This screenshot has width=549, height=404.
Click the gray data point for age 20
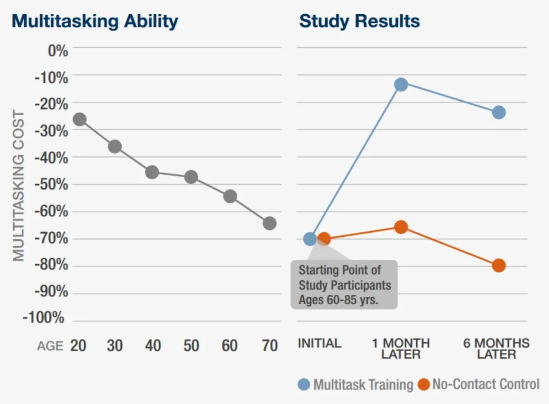pos(80,120)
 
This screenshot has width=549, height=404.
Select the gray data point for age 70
pos(269,224)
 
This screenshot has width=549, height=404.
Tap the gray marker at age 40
pos(152,172)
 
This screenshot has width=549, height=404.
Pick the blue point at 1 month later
pos(401,85)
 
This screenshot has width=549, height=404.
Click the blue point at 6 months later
pos(499,113)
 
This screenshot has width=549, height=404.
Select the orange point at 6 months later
pos(499,266)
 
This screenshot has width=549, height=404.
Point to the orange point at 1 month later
pos(401,227)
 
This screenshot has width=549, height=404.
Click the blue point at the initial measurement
pos(310,239)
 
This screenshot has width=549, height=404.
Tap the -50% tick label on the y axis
pos(51,185)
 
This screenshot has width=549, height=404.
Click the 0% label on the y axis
pos(58,51)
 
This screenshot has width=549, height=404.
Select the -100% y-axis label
pos(43,317)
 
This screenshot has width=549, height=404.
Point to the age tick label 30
pos(114,345)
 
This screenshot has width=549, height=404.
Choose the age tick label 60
pos(230,345)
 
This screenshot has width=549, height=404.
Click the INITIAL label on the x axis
pos(320,343)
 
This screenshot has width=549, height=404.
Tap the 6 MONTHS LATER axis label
pos(496,349)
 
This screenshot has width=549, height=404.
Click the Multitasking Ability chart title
pos(95,22)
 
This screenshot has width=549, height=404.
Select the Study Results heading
pos(360,22)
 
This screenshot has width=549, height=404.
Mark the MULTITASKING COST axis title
pos(19,186)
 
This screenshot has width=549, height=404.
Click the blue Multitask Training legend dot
pos(304,384)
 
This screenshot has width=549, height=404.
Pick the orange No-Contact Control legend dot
pos(424,384)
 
